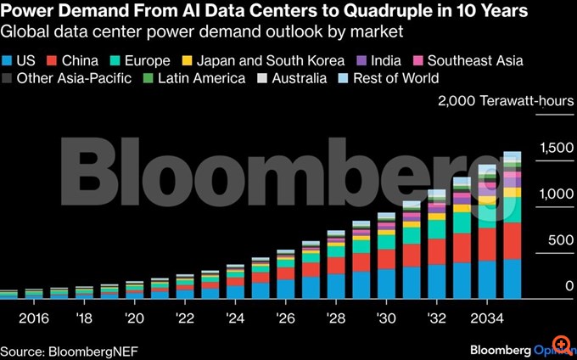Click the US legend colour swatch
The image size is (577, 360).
[8, 61]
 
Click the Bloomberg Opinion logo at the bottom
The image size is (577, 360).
[518, 349]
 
